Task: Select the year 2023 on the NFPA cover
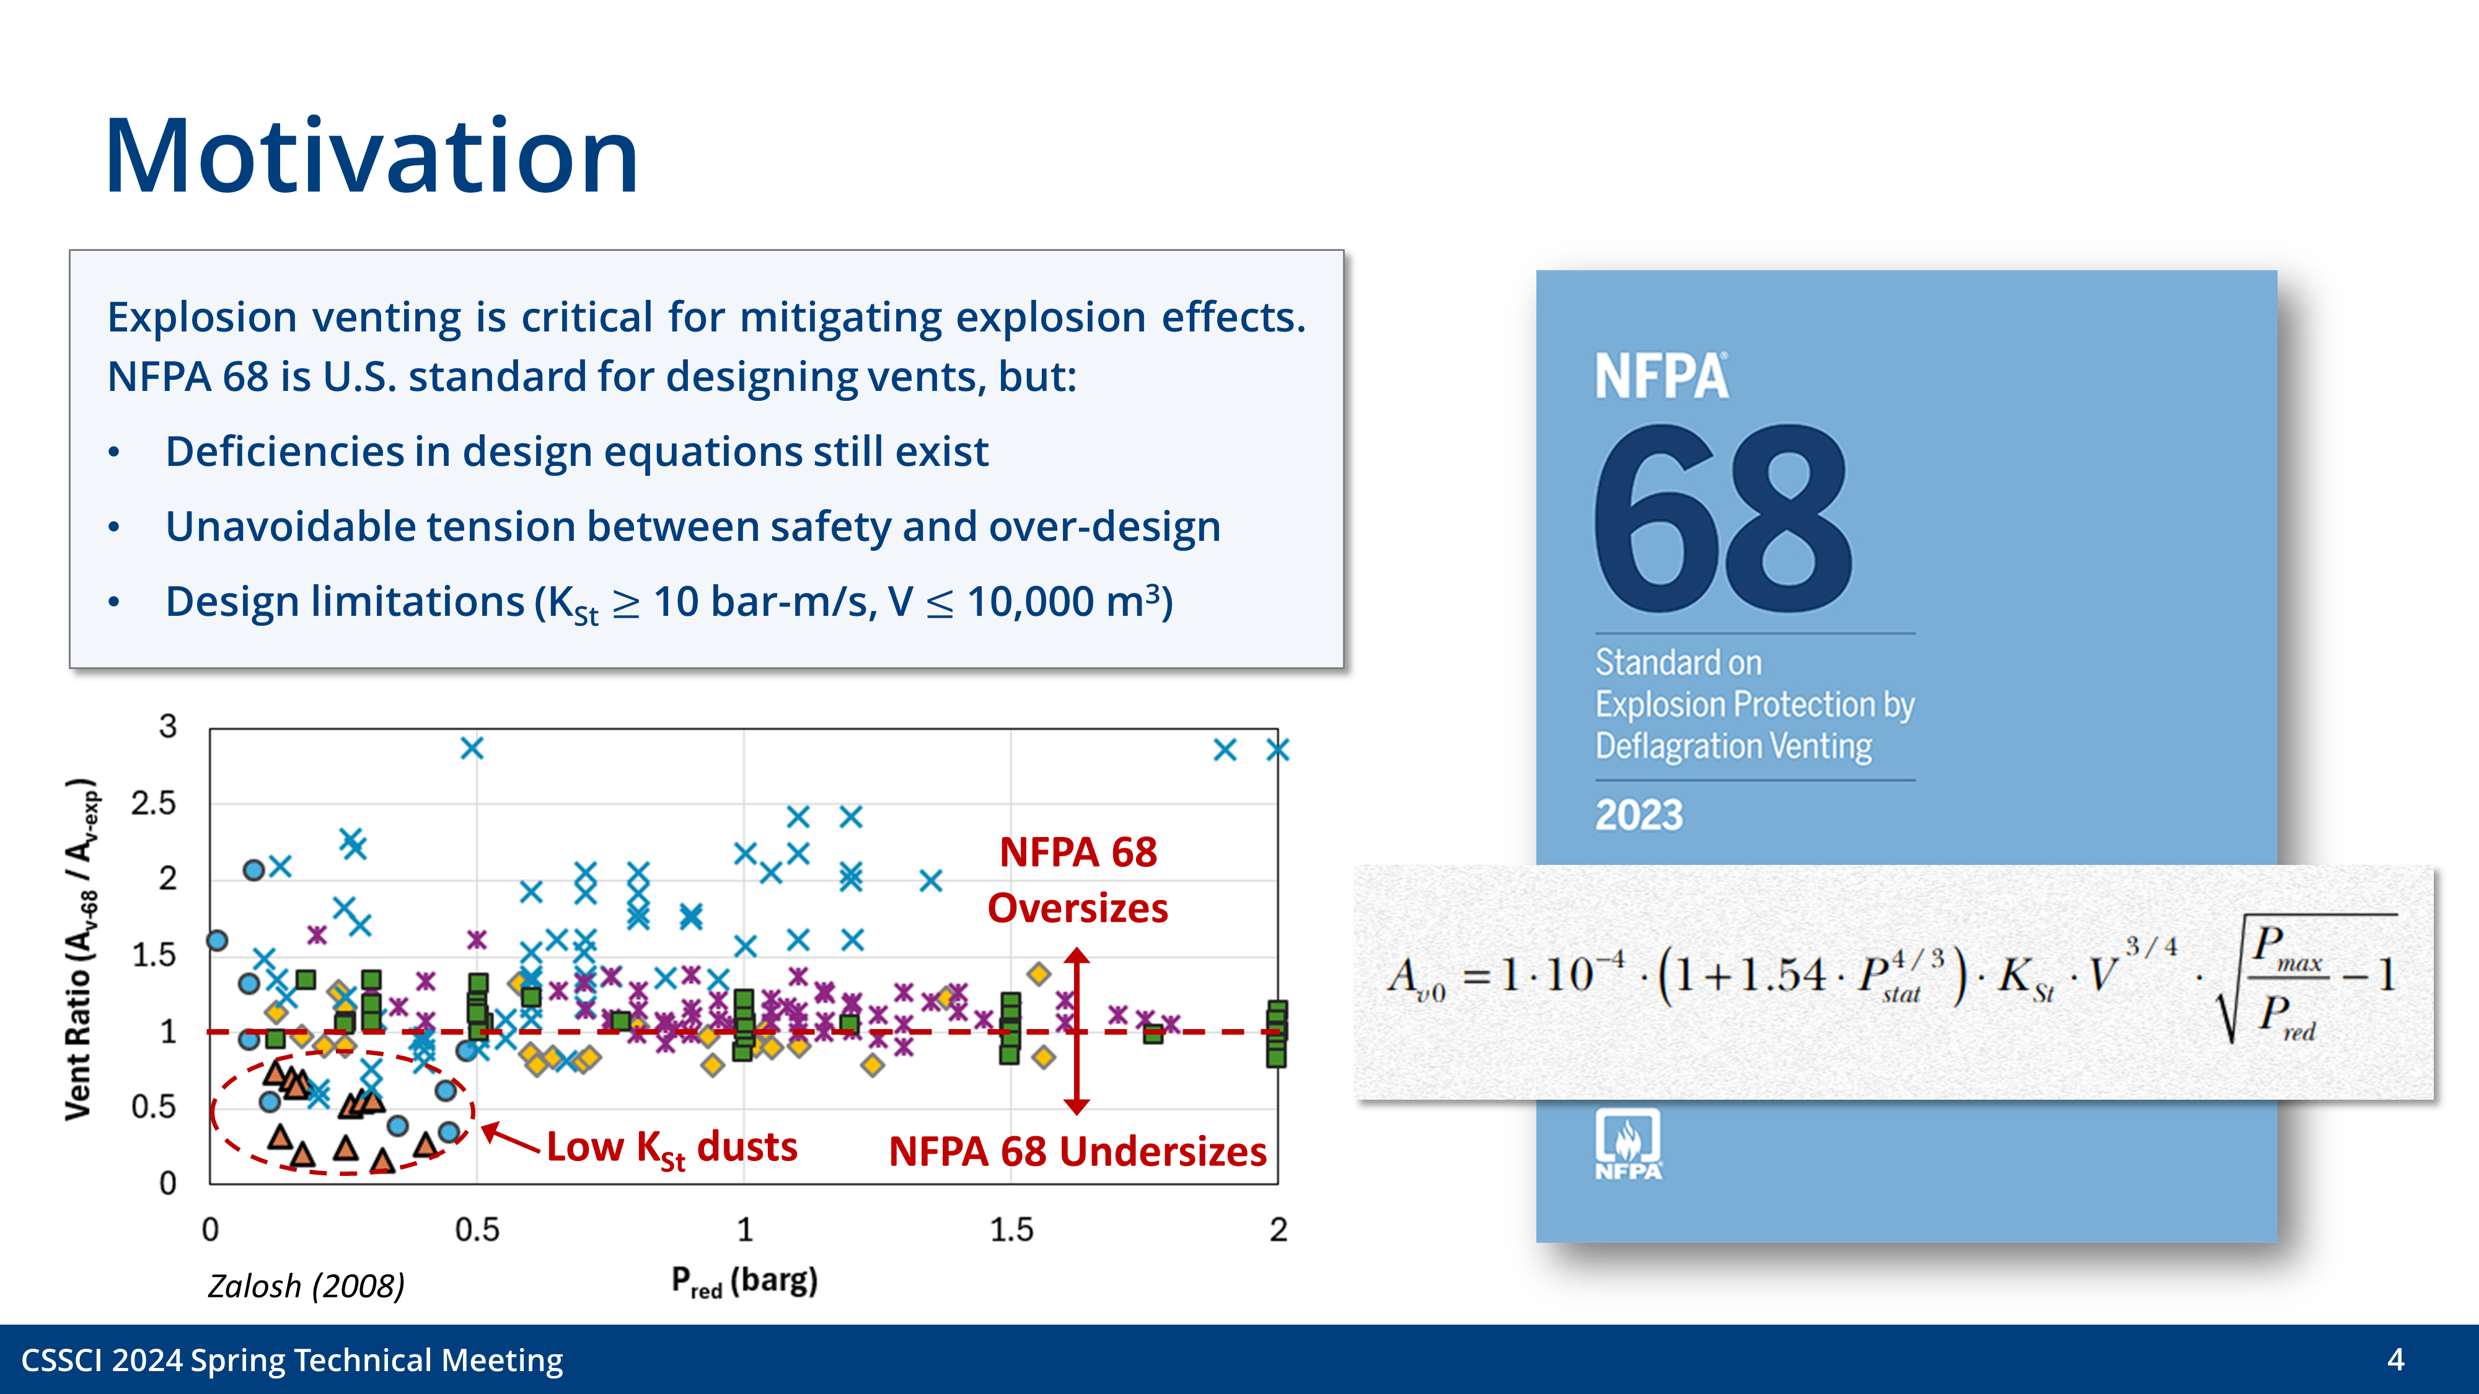pyautogui.click(x=1639, y=815)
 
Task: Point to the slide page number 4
pyautogui.click(x=2395, y=1359)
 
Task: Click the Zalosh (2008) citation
pyautogui.click(x=306, y=1286)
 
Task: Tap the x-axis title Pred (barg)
pyautogui.click(x=744, y=1281)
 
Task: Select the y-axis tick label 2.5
pyautogui.click(x=154, y=804)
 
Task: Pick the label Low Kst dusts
pyautogui.click(x=672, y=1147)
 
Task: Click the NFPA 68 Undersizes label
pyautogui.click(x=1077, y=1152)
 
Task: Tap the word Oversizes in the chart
pyautogui.click(x=1077, y=908)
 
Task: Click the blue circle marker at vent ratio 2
pyautogui.click(x=253, y=870)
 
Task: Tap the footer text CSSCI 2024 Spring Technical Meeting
pyautogui.click(x=291, y=1359)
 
